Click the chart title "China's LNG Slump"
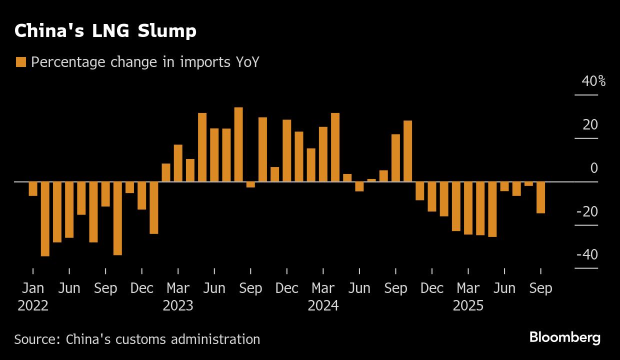pyautogui.click(x=105, y=31)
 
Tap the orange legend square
pyautogui.click(x=20, y=62)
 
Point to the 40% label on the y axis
pyautogui.click(x=593, y=81)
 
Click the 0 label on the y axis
pyautogui.click(x=593, y=168)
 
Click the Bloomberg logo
pyautogui.click(x=564, y=337)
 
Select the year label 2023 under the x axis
pyautogui.click(x=178, y=305)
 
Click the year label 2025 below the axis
pyautogui.click(x=468, y=305)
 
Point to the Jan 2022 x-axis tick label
pyautogui.click(x=33, y=289)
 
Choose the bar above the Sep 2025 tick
pyautogui.click(x=540, y=197)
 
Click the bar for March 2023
pyautogui.click(x=178, y=163)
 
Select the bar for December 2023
pyautogui.click(x=287, y=150)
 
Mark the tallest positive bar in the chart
pyautogui.click(x=238, y=144)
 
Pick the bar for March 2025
pyautogui.click(x=468, y=207)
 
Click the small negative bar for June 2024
pyautogui.click(x=359, y=186)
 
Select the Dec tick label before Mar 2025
pyautogui.click(x=432, y=289)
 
